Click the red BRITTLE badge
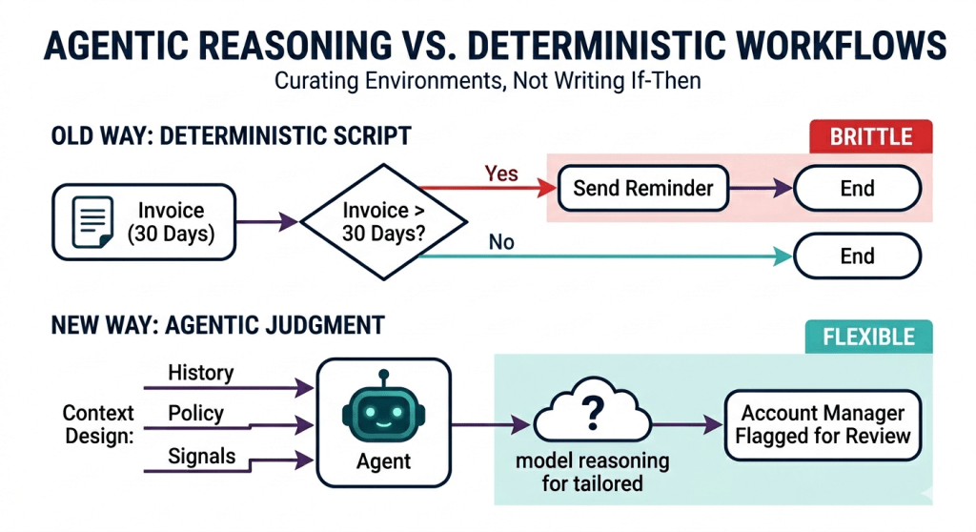(869, 136)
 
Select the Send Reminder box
(642, 188)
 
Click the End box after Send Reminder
(857, 188)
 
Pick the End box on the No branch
(857, 256)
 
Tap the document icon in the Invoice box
(92, 222)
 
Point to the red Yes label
(501, 173)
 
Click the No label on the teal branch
(501, 242)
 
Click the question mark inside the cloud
(592, 413)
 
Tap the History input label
(200, 373)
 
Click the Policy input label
(195, 413)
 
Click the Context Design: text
(98, 424)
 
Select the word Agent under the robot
(384, 461)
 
